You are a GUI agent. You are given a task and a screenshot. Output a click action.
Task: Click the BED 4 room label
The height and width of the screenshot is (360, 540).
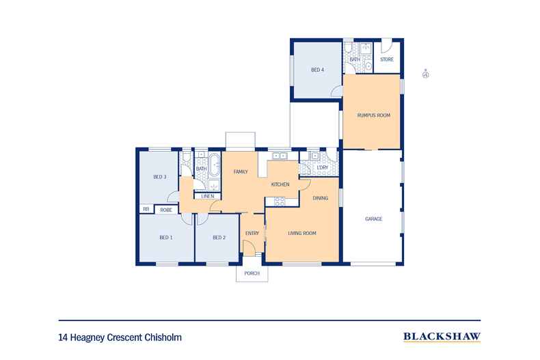(x=317, y=70)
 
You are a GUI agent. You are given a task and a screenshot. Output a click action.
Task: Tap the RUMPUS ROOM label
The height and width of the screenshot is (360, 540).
(x=373, y=115)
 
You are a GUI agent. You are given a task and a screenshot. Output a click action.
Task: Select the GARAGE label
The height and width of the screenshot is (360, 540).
(x=373, y=219)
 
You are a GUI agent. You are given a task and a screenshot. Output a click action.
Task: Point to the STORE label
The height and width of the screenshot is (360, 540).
(x=387, y=59)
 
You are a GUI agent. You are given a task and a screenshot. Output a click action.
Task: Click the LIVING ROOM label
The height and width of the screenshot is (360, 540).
(x=301, y=234)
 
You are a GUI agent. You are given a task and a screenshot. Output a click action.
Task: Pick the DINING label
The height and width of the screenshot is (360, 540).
(x=321, y=198)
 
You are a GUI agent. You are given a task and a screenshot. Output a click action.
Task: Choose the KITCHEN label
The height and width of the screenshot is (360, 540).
(x=280, y=184)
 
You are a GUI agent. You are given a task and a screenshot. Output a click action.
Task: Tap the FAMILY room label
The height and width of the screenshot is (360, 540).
(x=240, y=171)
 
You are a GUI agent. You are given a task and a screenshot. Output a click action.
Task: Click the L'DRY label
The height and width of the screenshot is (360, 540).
(x=323, y=167)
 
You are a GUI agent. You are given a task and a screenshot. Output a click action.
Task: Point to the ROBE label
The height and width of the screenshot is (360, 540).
(x=166, y=210)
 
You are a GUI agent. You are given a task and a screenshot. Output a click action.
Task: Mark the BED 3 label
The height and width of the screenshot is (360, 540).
(x=160, y=177)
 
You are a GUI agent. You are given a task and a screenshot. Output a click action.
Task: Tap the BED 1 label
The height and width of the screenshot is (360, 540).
(x=166, y=238)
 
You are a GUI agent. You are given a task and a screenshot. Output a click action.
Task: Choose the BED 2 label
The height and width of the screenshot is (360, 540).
(x=218, y=238)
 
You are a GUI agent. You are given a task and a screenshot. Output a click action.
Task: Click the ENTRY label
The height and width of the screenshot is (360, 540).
(x=252, y=234)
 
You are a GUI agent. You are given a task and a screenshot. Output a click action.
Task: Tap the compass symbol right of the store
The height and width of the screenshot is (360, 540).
(x=425, y=72)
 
